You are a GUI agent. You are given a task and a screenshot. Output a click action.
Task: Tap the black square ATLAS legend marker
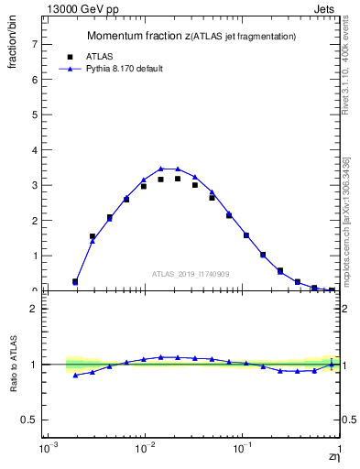(x=70, y=56)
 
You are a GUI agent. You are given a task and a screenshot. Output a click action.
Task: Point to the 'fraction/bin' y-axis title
(x=12, y=43)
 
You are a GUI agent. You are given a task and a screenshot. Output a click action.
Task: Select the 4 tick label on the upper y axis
(x=35, y=150)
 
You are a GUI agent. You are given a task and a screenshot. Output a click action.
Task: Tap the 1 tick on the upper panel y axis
(x=35, y=256)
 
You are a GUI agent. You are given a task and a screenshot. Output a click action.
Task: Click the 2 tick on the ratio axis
(x=35, y=309)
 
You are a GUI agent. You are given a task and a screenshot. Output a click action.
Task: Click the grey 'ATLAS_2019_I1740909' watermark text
(x=190, y=274)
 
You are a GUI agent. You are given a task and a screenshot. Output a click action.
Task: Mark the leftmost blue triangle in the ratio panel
(x=75, y=376)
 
